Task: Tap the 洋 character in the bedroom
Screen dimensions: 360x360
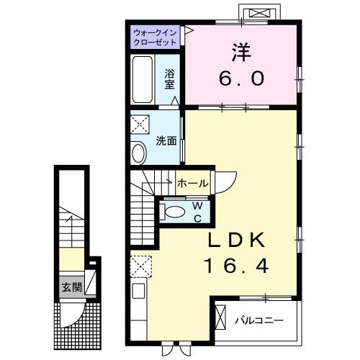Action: pos(240,52)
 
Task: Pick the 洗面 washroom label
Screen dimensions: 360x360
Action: pos(166,140)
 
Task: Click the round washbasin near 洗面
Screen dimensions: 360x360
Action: pos(138,152)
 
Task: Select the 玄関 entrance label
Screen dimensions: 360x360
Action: pos(70,288)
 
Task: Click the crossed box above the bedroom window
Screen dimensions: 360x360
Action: pos(259,13)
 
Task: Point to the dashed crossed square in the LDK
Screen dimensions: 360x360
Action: pos(140,267)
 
